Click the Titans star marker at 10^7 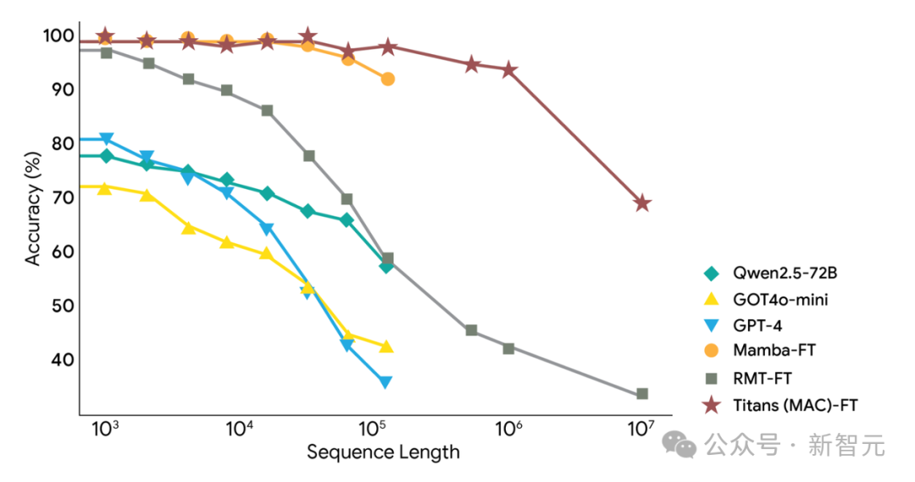(x=642, y=203)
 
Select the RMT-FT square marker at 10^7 (x=642, y=394)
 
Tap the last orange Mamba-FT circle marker (x=388, y=79)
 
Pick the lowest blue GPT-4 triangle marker (x=385, y=382)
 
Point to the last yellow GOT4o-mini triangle (x=385, y=346)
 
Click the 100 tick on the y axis (x=59, y=36)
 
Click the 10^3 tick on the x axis (x=104, y=427)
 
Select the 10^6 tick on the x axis (x=508, y=427)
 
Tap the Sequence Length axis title (x=383, y=452)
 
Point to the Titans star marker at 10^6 (x=509, y=69)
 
